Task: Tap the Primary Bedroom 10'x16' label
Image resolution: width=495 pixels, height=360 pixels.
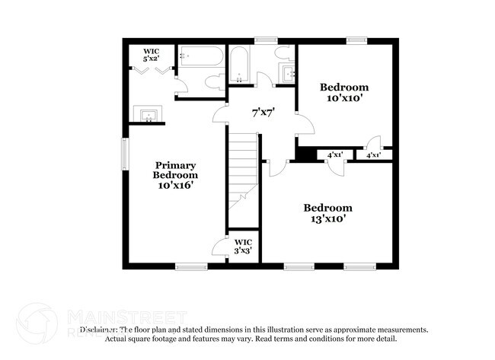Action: pos(176,175)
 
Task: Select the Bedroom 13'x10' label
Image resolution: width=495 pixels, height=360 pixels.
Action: pos(327,212)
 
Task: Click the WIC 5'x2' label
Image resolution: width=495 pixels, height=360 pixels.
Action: pos(151,54)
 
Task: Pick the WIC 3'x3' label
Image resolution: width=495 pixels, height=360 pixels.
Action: pos(243,246)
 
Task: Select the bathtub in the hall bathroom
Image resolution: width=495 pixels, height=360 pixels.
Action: pos(239,66)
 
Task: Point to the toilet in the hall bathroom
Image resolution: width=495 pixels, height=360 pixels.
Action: pos(283,53)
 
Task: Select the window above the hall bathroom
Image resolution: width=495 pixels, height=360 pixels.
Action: pos(265,39)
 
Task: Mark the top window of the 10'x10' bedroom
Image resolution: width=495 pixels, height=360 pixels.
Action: pos(356,39)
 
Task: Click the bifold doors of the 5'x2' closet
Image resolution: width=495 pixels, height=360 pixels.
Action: pos(152,70)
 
